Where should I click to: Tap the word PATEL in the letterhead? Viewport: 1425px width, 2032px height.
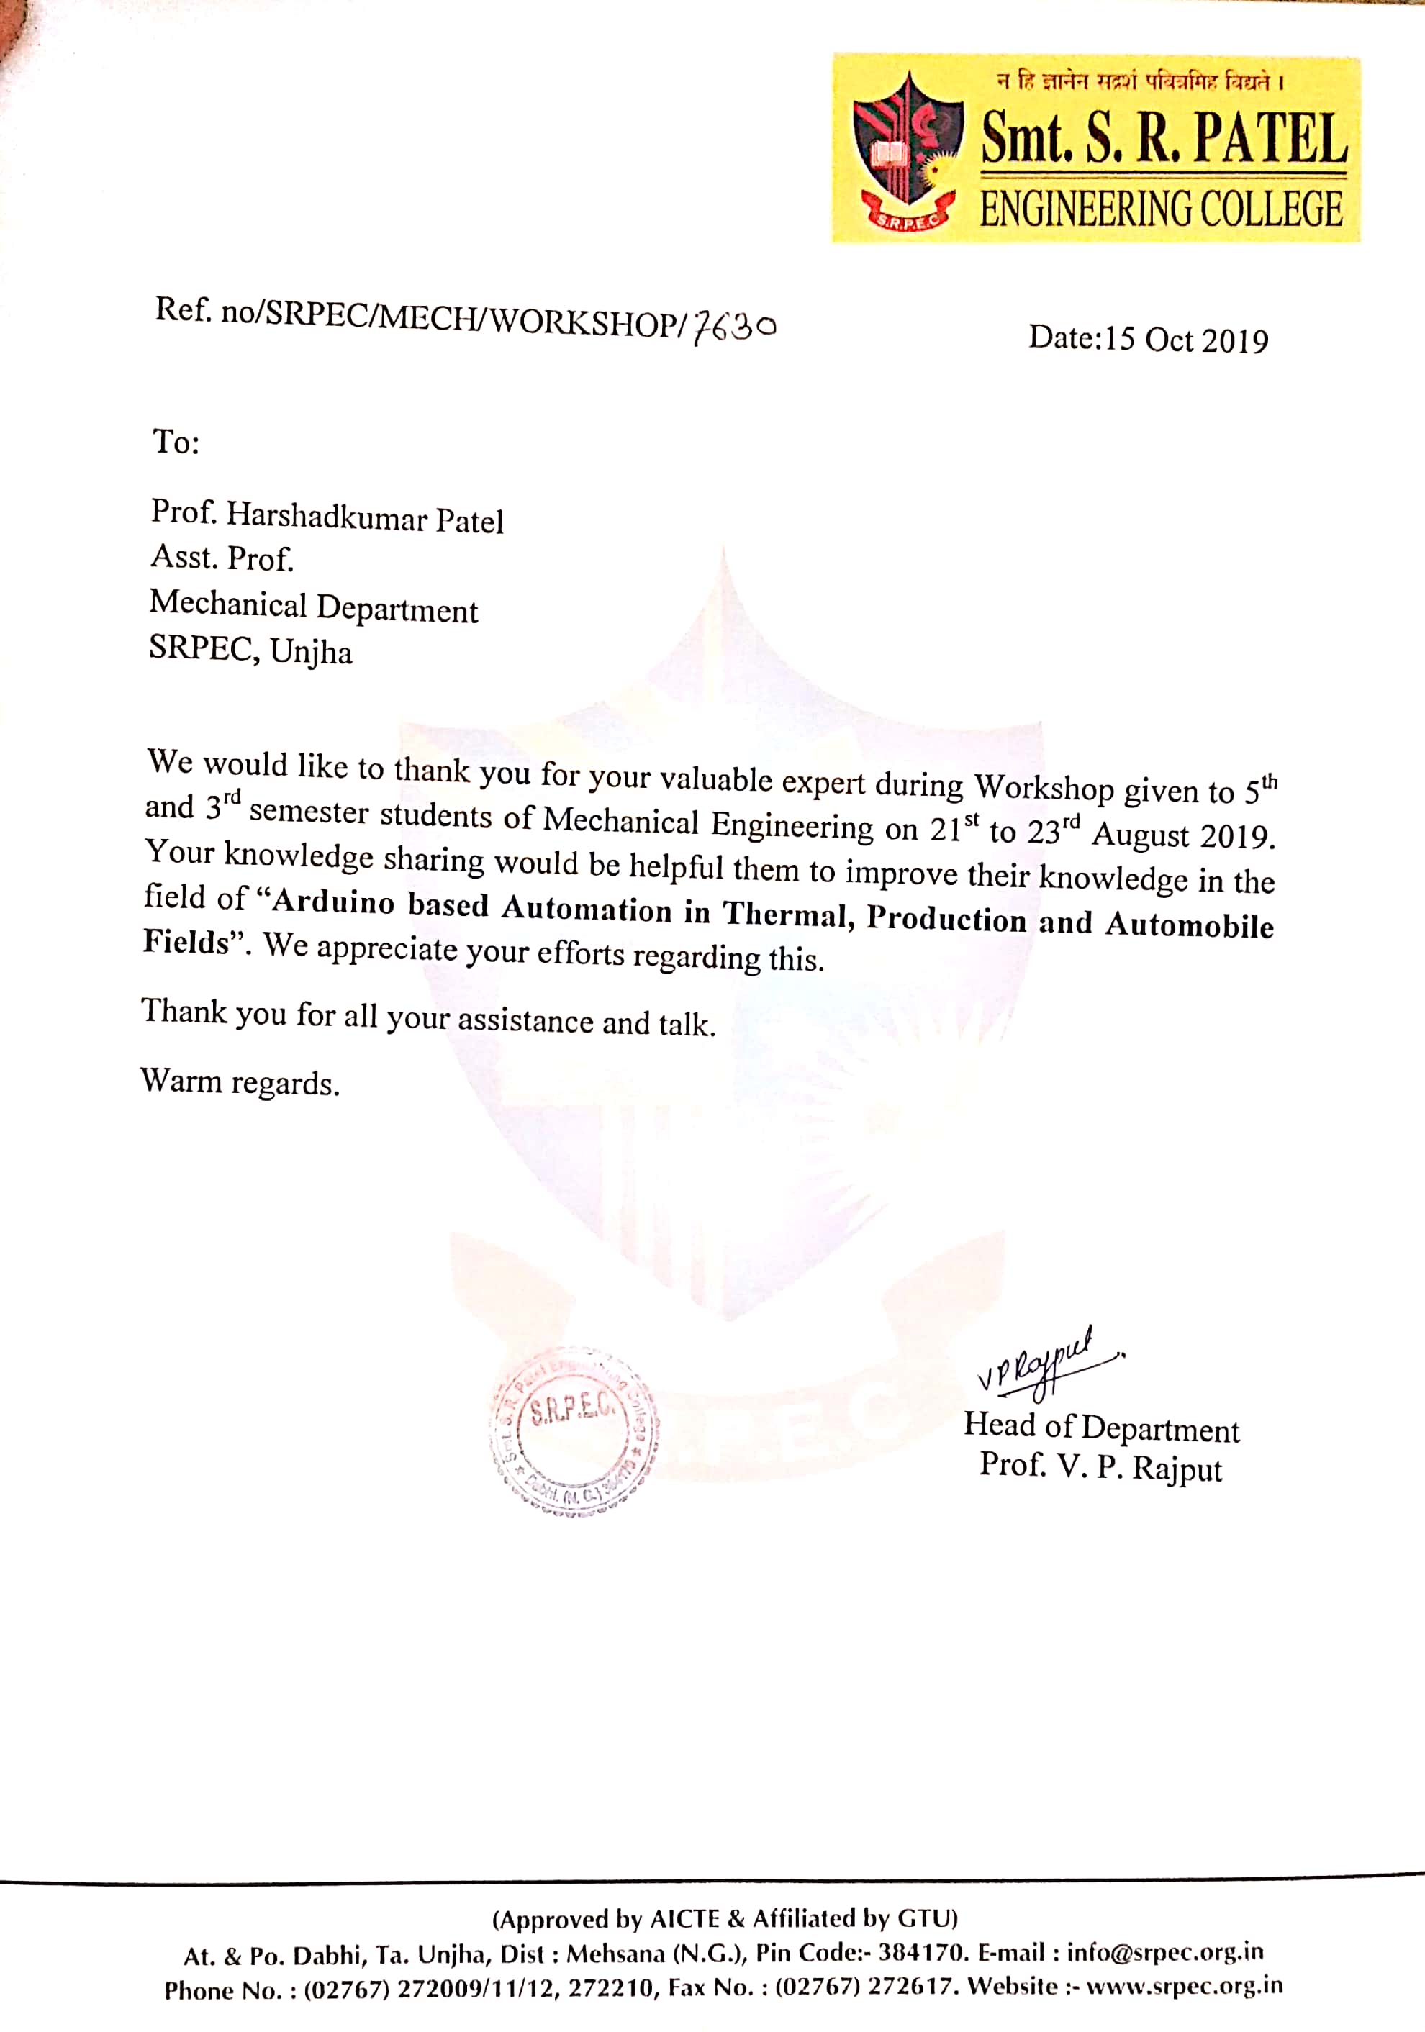(x=1270, y=139)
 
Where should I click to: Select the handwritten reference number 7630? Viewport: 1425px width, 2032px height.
(x=734, y=327)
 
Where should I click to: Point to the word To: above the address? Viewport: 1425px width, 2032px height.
(x=176, y=441)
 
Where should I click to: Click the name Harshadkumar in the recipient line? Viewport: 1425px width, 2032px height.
(x=327, y=516)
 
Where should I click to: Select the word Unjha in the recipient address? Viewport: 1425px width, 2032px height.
(x=311, y=652)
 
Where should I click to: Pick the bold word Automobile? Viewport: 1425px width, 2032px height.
(x=1190, y=924)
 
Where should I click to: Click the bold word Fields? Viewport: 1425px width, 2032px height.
(x=186, y=940)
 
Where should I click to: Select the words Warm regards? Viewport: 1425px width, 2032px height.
(x=240, y=1081)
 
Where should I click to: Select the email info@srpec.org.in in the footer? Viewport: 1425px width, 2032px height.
(x=1164, y=1951)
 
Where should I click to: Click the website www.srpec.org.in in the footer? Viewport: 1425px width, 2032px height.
(x=1184, y=1985)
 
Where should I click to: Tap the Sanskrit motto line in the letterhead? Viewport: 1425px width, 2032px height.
(x=1141, y=82)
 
